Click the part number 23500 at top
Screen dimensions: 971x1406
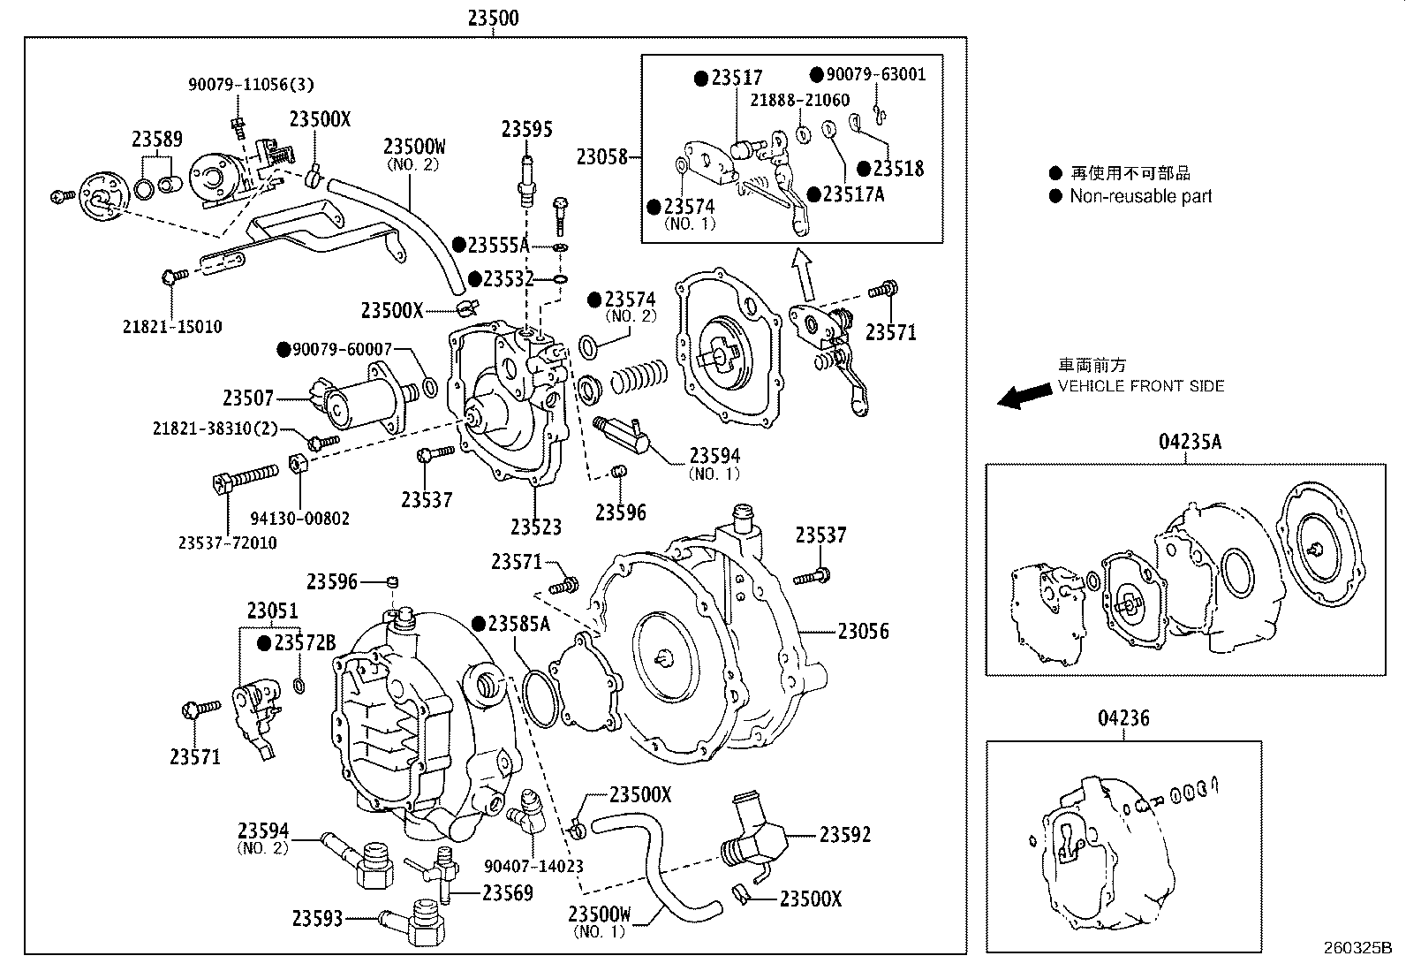[493, 18]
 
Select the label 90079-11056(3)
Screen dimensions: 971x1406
[251, 85]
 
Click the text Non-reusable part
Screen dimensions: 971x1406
[1140, 196]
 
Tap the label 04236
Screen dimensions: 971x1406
[1123, 717]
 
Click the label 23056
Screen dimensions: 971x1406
[863, 631]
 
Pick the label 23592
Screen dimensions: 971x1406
[844, 834]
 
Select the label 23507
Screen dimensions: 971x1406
[248, 398]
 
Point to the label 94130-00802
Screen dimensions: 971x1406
[299, 519]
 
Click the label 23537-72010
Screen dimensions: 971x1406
[227, 542]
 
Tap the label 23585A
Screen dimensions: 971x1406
[518, 624]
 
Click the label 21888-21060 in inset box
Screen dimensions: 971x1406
[799, 101]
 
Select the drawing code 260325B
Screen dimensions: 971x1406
[1357, 948]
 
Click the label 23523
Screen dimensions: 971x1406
[535, 527]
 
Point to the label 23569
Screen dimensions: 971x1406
[507, 893]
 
